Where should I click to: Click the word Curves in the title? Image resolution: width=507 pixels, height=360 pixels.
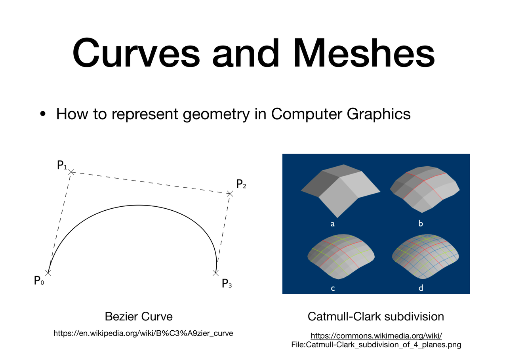[x=136, y=53]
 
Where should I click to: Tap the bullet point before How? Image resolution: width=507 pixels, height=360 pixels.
[x=42, y=114]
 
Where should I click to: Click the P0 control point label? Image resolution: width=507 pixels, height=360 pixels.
[x=39, y=280]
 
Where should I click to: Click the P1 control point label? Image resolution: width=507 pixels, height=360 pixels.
[x=62, y=165]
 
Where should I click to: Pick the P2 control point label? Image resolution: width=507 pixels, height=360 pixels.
[x=241, y=184]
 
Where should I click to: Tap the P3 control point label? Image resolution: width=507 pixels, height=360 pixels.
[x=227, y=283]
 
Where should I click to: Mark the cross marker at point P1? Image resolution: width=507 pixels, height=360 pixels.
[x=71, y=172]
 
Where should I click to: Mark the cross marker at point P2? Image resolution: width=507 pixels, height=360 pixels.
[x=230, y=194]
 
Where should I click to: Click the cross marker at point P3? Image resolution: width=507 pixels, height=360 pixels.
[x=216, y=273]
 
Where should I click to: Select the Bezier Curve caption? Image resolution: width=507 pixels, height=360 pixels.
[x=139, y=316]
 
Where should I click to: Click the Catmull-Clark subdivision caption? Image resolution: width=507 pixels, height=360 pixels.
[x=376, y=316]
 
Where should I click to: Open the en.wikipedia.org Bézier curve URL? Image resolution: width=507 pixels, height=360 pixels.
[x=143, y=333]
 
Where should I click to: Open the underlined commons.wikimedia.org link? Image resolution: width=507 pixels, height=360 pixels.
[x=376, y=335]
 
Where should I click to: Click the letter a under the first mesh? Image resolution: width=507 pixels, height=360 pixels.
[x=332, y=224]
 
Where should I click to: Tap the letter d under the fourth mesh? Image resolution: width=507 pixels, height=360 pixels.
[x=421, y=288]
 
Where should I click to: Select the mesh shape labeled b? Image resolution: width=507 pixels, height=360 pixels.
[x=425, y=189]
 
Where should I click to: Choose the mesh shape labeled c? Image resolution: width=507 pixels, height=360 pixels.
[x=341, y=256]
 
